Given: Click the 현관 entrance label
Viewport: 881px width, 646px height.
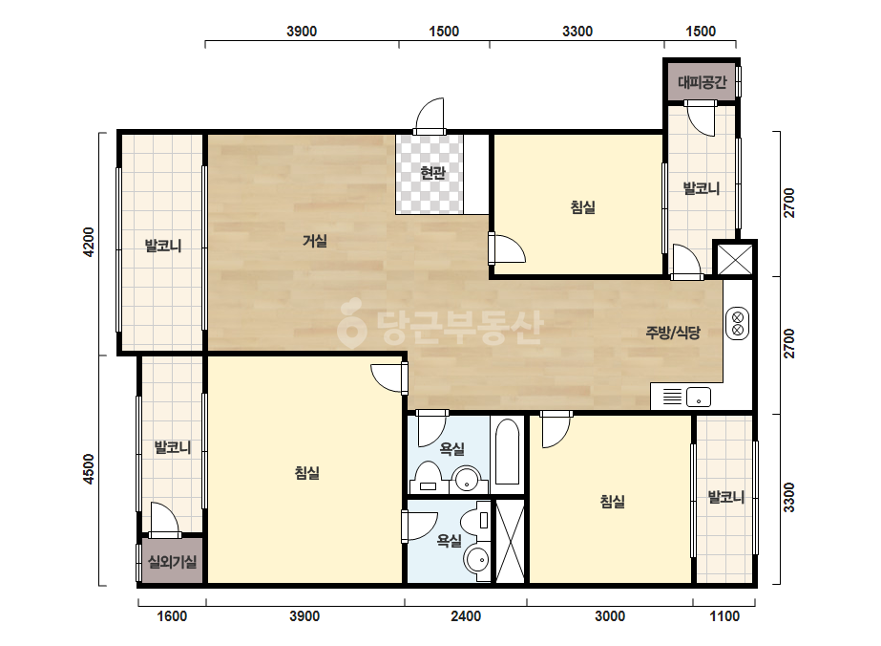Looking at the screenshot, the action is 432,173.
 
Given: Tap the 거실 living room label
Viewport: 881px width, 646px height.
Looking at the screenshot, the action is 315,241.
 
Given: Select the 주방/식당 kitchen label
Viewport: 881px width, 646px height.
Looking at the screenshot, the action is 673,333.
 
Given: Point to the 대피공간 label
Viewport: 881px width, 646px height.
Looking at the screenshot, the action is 702,83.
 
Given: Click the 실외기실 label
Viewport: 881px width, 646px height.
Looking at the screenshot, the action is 172,562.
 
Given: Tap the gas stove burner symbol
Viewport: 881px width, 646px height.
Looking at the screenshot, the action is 738,324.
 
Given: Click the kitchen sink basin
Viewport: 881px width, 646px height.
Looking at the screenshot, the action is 699,398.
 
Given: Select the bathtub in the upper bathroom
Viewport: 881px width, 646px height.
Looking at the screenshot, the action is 508,452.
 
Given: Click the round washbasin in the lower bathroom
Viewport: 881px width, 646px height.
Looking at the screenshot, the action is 476,559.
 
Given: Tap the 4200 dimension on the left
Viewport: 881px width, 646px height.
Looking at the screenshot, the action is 88,242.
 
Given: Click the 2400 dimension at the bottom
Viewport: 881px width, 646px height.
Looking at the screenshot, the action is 466,616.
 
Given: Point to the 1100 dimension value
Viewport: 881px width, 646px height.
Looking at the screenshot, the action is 724,616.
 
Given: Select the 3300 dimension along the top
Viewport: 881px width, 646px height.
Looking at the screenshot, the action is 577,32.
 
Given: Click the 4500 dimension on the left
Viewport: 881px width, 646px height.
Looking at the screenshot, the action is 88,469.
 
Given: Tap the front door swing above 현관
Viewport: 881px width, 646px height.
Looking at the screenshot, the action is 430,116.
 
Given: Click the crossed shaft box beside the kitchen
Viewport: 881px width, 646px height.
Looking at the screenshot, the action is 735,259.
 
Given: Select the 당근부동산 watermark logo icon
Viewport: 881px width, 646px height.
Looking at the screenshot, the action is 351,323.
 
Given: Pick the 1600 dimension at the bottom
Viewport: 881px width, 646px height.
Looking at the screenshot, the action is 172,616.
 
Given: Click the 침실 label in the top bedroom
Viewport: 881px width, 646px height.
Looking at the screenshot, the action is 582,207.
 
